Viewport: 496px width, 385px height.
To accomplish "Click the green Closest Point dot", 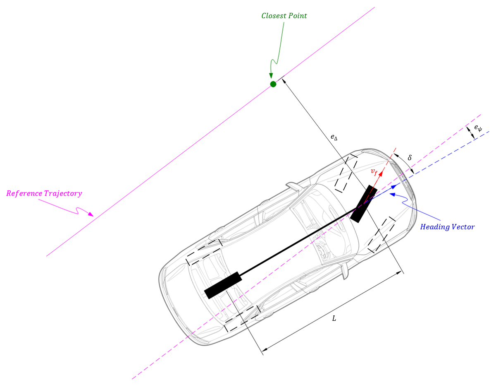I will pos(273,84).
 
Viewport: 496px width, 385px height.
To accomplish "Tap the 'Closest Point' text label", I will pos(284,16).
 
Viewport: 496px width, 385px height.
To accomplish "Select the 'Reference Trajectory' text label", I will pos(44,193).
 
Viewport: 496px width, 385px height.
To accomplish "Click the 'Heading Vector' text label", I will pos(447,227).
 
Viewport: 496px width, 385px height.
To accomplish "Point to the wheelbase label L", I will pos(334,318).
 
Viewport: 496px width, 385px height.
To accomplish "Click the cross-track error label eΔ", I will pos(334,137).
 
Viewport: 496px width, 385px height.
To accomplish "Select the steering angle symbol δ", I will pos(410,158).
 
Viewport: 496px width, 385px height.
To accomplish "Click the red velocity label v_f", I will pos(374,171).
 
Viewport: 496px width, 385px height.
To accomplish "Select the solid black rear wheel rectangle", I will pos(223,285).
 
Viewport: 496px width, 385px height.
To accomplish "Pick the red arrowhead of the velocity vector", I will pos(381,173).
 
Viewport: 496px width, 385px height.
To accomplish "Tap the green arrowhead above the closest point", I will pos(271,75).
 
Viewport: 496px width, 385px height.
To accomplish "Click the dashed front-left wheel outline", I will pos(346,173).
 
